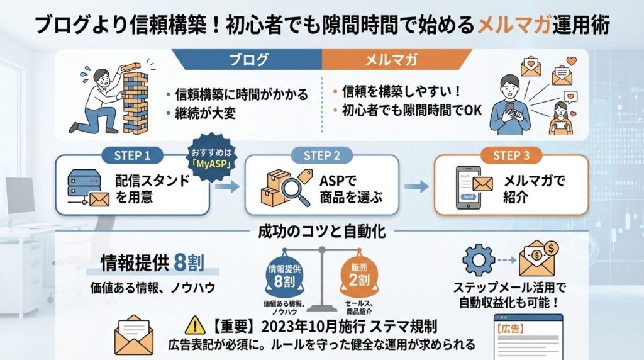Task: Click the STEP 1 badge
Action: point(133,155)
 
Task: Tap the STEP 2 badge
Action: point(321,155)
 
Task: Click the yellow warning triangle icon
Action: point(196,326)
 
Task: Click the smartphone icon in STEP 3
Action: point(470,187)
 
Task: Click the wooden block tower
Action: point(134,101)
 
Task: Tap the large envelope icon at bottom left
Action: point(133,335)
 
